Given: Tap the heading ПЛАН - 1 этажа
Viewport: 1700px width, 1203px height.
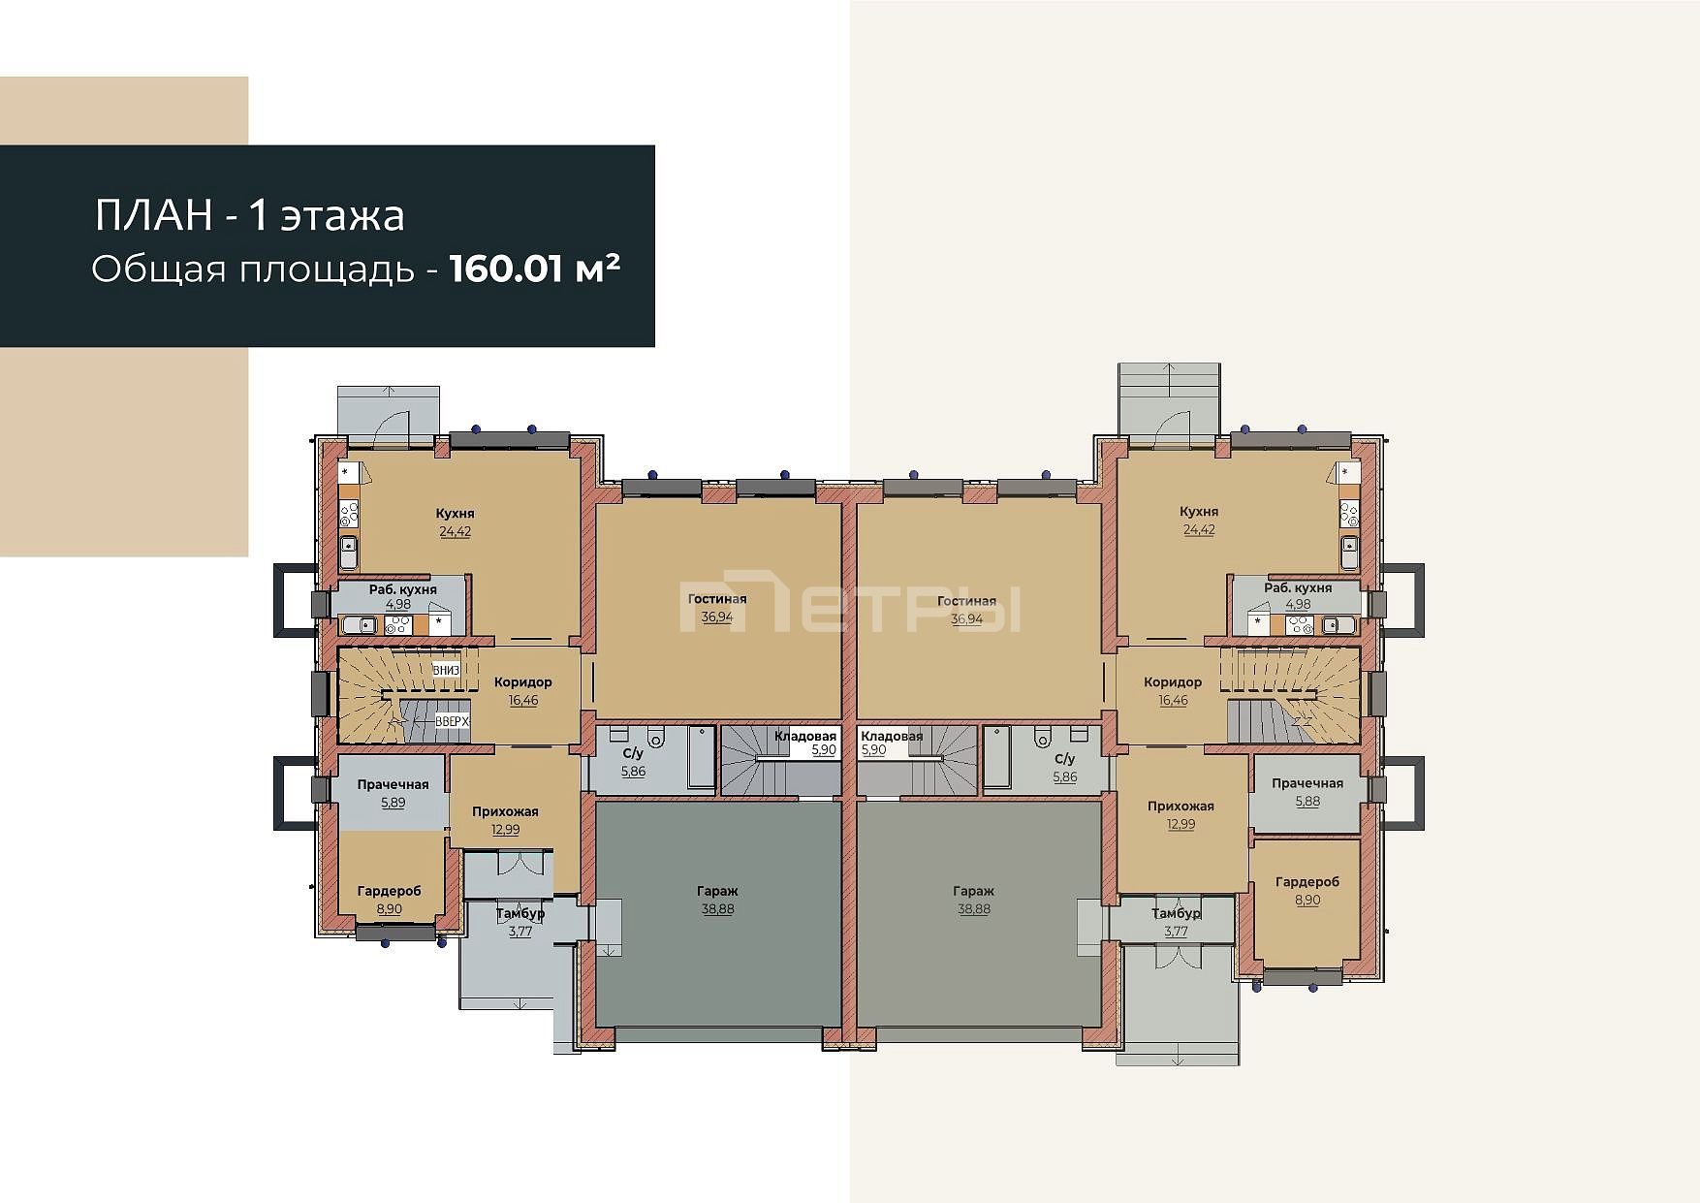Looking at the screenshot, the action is point(249,215).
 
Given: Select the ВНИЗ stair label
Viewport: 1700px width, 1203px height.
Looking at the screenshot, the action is point(446,670).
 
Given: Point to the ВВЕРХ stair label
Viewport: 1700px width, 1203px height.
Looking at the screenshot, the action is point(452,721).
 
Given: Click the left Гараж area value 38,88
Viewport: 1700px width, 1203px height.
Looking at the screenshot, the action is point(717,909).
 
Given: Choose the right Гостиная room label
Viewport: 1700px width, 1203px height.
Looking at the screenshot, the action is point(966,601).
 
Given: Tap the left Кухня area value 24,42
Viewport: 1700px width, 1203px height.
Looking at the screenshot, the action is point(456,531).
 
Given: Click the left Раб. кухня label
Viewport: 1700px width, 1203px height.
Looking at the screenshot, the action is point(403,589).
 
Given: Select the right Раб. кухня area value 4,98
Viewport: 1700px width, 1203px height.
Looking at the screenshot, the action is point(1298,604).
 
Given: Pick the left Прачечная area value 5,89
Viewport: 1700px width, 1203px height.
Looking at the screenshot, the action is point(394,803).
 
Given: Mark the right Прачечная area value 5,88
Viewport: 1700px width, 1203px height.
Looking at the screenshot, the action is point(1307,801).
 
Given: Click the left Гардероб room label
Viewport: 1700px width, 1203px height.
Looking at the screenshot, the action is point(389,891).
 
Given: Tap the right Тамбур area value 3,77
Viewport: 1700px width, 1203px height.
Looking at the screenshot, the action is point(1176,932).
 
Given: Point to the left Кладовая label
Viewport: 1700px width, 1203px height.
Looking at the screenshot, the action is point(805,736).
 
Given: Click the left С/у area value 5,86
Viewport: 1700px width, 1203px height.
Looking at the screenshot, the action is point(633,772).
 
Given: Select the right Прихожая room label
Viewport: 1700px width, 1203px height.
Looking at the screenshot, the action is point(1181,806).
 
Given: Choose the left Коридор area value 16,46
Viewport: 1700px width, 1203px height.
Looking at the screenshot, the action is point(523,700).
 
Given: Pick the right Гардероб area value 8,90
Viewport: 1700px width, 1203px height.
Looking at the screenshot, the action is point(1307,900).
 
